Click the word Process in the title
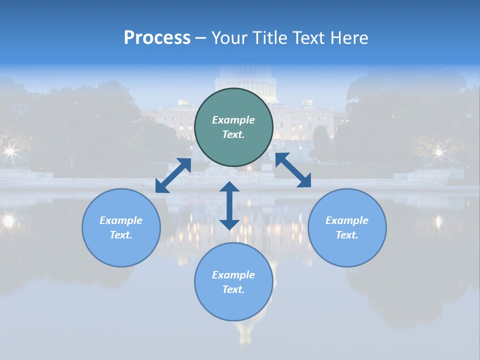click(x=157, y=38)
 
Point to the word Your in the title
click(x=230, y=38)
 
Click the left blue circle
click(x=121, y=227)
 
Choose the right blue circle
click(x=347, y=227)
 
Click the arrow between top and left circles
click(x=173, y=175)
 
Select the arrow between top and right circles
click(x=293, y=170)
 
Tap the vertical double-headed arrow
click(x=229, y=205)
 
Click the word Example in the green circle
click(x=233, y=120)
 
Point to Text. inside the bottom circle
click(x=233, y=289)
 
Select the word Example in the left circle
click(x=121, y=220)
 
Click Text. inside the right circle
click(x=347, y=235)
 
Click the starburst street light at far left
click(x=10, y=150)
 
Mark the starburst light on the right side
click(x=438, y=151)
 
